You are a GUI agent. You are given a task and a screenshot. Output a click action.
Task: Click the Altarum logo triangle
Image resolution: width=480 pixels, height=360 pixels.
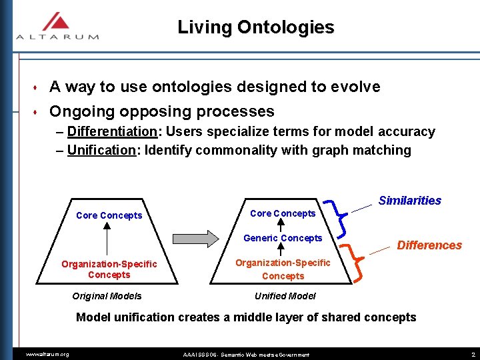57,21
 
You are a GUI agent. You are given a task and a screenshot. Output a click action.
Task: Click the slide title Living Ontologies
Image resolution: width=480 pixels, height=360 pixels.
255,27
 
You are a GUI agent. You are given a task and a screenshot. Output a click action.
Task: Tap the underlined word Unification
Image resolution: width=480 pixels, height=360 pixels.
101,150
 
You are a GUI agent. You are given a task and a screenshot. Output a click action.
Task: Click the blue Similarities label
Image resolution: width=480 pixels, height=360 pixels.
409,201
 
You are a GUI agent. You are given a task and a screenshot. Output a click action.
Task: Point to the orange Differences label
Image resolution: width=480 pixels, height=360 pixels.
429,245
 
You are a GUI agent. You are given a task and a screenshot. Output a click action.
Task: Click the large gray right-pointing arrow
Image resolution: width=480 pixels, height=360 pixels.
195,238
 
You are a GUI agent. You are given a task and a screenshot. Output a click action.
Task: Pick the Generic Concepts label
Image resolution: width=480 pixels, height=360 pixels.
283,238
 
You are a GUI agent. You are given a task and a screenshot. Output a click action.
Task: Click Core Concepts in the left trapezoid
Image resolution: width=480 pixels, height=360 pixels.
109,215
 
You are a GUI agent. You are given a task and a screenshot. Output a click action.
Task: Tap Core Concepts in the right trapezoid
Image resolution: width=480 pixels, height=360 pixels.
283,213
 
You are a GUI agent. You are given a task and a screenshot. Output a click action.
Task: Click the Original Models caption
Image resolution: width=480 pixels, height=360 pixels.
107,296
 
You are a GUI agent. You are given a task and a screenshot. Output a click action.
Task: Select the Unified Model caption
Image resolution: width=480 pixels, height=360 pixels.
285,296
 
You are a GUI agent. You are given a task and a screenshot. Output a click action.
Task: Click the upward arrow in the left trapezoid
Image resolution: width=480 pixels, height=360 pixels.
106,237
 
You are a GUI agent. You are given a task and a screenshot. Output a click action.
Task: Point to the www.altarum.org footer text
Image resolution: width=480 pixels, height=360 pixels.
47,354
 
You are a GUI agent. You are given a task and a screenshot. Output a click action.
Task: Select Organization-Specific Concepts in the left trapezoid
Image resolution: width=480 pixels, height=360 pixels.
109,269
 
